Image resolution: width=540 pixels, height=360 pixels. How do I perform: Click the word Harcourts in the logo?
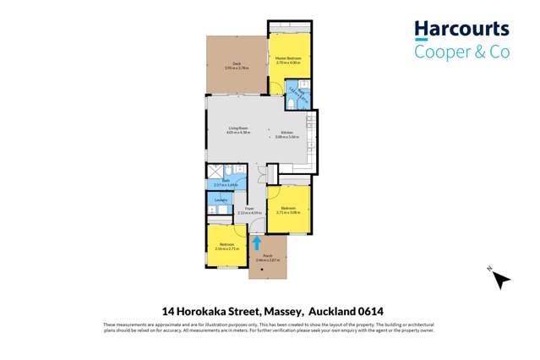coord(461,31)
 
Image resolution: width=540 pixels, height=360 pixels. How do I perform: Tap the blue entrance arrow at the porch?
coord(257,243)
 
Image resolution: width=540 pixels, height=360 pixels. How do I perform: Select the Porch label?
coord(267,255)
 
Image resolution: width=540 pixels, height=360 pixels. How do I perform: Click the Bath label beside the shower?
coord(238,180)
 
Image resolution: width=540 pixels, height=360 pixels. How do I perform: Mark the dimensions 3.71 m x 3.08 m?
coord(288,212)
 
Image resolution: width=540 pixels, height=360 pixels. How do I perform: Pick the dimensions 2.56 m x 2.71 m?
coord(228,249)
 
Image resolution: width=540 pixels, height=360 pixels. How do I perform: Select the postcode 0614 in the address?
coord(371,310)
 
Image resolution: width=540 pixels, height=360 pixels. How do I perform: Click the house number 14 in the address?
coord(167,310)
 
